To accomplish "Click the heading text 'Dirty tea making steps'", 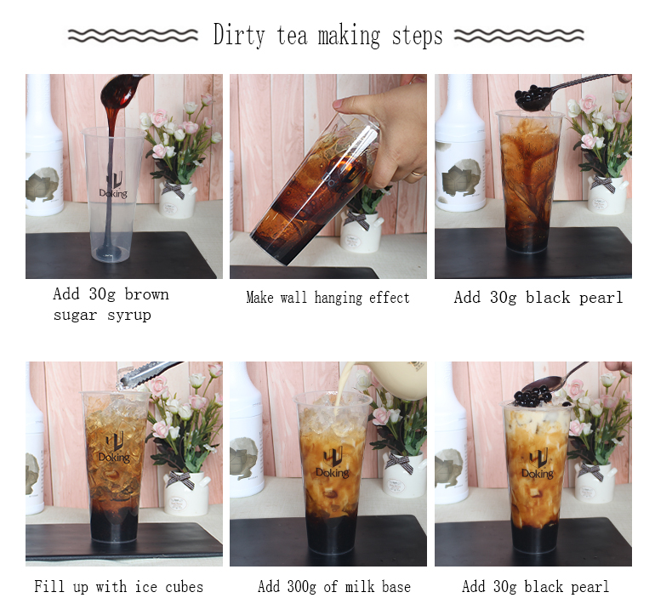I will (327, 37).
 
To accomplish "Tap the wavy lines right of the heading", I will (519, 36).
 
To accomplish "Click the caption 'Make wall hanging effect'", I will (327, 298).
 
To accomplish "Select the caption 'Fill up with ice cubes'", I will (118, 587).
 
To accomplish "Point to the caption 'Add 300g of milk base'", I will (333, 587).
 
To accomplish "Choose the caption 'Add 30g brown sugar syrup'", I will (111, 304).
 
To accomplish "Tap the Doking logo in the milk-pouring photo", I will (333, 464).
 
